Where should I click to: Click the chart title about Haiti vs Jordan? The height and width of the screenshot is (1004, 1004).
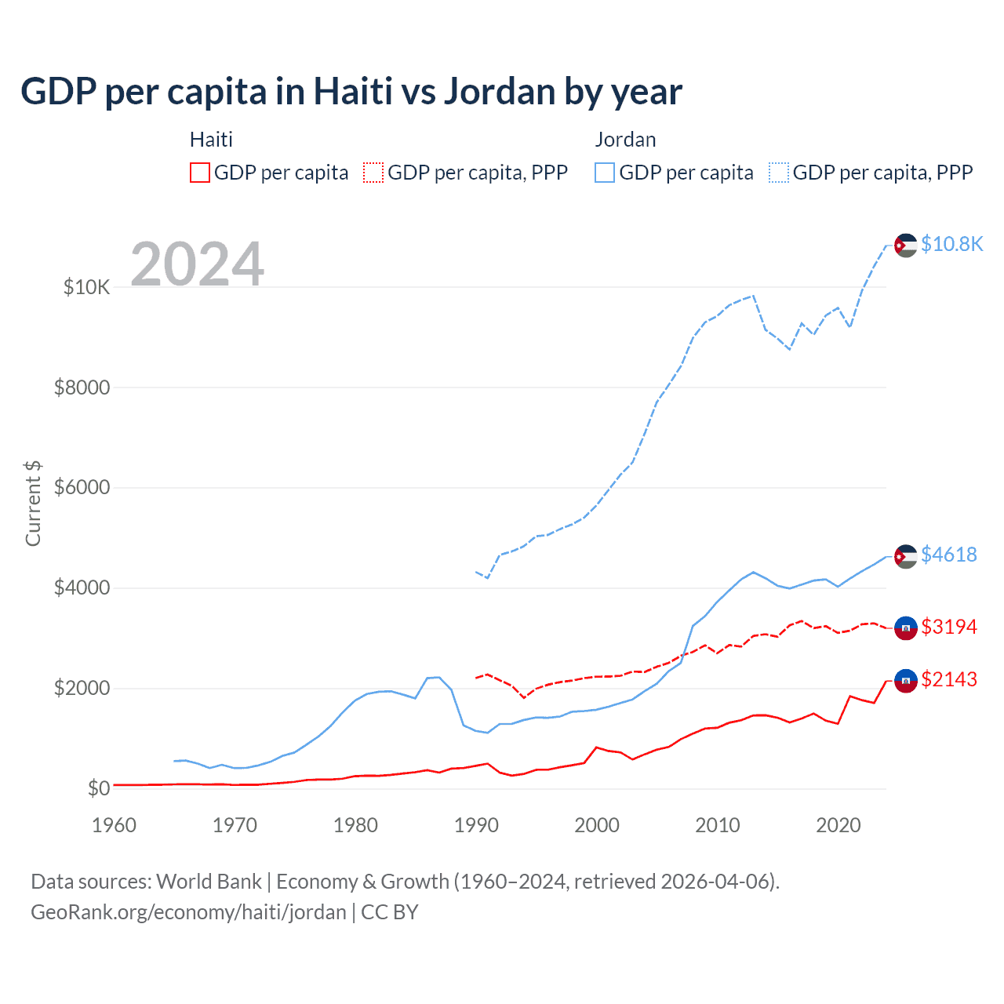click(351, 92)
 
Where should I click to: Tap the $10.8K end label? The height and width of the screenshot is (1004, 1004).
click(951, 244)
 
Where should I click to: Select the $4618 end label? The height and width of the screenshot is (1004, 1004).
click(948, 555)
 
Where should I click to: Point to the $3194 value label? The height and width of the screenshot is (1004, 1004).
click(948, 627)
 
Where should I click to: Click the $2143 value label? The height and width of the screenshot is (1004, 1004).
click(948, 679)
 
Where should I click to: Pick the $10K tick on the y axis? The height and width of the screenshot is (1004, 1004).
click(86, 287)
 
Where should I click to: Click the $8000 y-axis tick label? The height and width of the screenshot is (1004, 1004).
click(82, 387)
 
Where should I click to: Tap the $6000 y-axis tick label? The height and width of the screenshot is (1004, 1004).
click(82, 487)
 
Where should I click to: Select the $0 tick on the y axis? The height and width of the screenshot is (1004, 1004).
click(98, 788)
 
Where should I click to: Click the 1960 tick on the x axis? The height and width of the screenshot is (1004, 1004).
click(114, 825)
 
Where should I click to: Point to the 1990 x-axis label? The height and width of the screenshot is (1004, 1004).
click(476, 825)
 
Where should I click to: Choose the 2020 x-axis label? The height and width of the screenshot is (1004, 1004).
click(838, 825)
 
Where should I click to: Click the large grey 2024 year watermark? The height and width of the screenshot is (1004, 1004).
click(197, 264)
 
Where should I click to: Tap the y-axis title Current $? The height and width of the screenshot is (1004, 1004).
click(33, 503)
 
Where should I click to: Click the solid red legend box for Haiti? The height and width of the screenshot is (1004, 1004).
click(200, 173)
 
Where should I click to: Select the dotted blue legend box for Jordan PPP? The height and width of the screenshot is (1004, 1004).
click(779, 173)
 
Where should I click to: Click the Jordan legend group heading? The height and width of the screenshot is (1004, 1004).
click(625, 140)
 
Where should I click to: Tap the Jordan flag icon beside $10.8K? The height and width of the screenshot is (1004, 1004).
click(906, 245)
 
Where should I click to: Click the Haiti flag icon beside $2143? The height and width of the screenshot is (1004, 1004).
click(906, 680)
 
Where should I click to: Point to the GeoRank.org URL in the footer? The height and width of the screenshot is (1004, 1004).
click(188, 912)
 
